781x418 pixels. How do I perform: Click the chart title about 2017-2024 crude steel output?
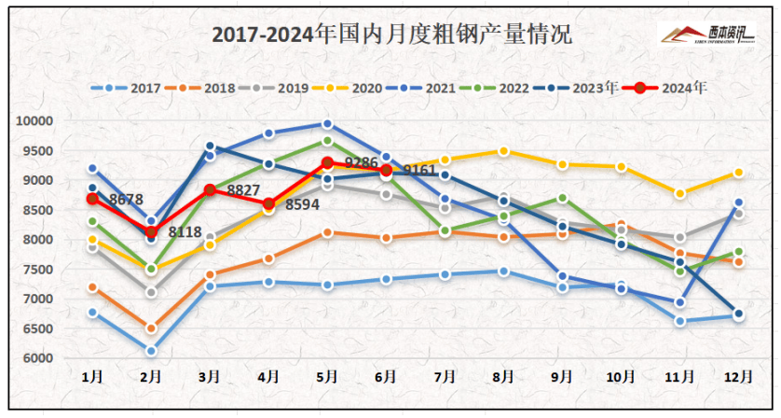click(391, 35)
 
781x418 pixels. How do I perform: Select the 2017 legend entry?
click(137, 89)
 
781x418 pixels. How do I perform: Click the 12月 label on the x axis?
click(737, 376)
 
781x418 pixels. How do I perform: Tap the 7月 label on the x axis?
click(445, 376)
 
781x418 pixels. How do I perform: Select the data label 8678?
click(126, 199)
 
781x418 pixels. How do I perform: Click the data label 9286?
click(361, 163)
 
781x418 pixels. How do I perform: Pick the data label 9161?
click(419, 171)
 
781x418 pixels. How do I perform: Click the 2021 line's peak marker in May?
click(327, 124)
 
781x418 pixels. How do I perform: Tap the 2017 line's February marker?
click(151, 351)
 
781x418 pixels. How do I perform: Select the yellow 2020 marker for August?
click(503, 151)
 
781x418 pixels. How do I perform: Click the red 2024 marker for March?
click(210, 190)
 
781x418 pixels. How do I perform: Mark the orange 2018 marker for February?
click(151, 328)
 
